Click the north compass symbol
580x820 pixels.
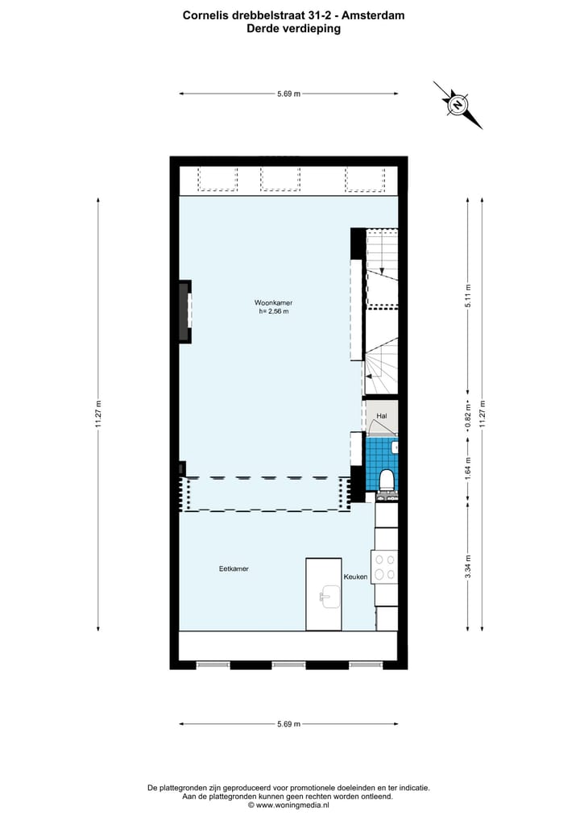(x=458, y=105)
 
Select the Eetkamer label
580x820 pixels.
(x=234, y=568)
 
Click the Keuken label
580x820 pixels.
(x=355, y=576)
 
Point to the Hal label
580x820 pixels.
(x=382, y=416)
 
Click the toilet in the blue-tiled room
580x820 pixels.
(x=387, y=478)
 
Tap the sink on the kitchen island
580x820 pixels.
(x=328, y=597)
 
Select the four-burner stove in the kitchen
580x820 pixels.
(x=384, y=565)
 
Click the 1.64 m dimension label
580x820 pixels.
(x=468, y=468)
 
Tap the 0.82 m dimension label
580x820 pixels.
(x=468, y=419)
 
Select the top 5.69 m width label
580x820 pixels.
(x=288, y=94)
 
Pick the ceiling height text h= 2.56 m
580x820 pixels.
(x=274, y=311)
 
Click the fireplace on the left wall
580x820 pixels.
(x=185, y=311)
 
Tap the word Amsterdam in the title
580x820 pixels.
(x=372, y=15)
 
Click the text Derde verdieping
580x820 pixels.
(x=293, y=28)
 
